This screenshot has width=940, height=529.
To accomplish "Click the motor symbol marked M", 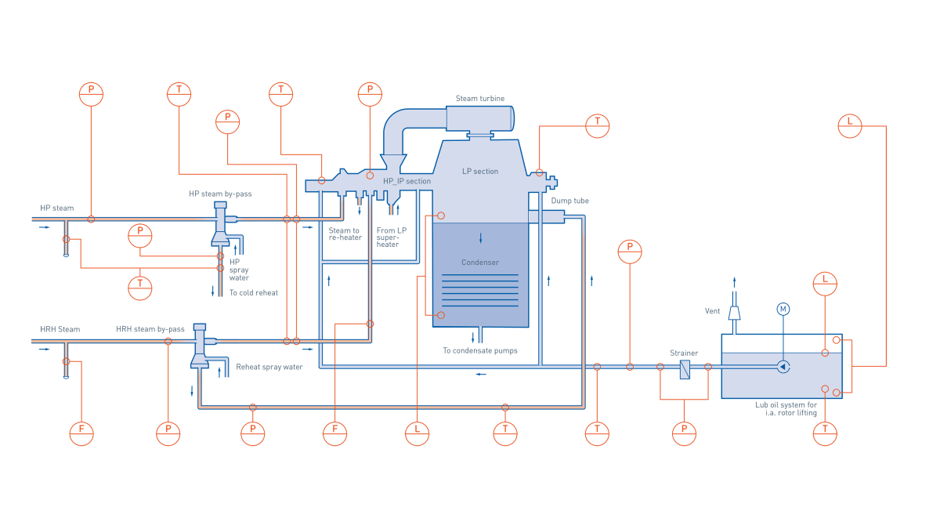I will tap(783, 310).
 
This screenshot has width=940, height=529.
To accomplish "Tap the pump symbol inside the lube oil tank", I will tap(783, 367).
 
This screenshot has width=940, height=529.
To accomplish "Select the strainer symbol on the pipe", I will tap(685, 368).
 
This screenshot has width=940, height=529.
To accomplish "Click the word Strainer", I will tap(683, 353).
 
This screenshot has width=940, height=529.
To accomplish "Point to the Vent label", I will tap(712, 311).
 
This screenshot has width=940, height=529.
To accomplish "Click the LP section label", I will tap(480, 172).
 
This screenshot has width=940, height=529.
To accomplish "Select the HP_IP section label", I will tap(407, 181).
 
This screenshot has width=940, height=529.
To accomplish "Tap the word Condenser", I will tap(480, 263).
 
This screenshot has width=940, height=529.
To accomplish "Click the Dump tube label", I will tap(569, 201).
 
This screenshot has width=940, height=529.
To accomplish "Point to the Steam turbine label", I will tap(480, 99).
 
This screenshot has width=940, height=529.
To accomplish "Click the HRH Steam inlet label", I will tap(60, 330).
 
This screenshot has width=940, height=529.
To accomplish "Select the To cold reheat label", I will tap(254, 292).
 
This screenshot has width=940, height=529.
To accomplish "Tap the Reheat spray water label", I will tap(269, 367).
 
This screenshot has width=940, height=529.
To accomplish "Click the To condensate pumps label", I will tap(480, 350).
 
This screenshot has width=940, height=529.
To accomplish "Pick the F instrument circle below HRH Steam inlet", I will tap(81, 433).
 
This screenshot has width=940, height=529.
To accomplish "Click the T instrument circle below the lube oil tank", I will tap(825, 433).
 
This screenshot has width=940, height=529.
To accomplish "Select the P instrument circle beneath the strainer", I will tap(684, 433).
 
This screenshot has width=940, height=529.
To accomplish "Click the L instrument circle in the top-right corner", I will tap(850, 125).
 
